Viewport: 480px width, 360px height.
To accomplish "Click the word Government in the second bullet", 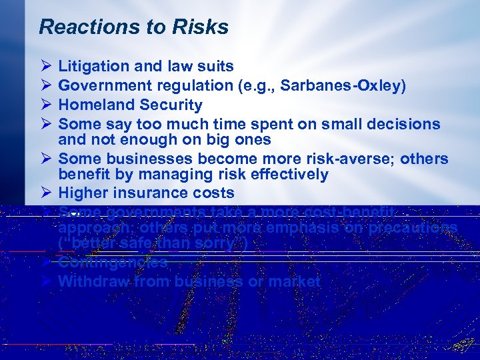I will tap(105, 85).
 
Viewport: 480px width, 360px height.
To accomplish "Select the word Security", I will tap(171, 105).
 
